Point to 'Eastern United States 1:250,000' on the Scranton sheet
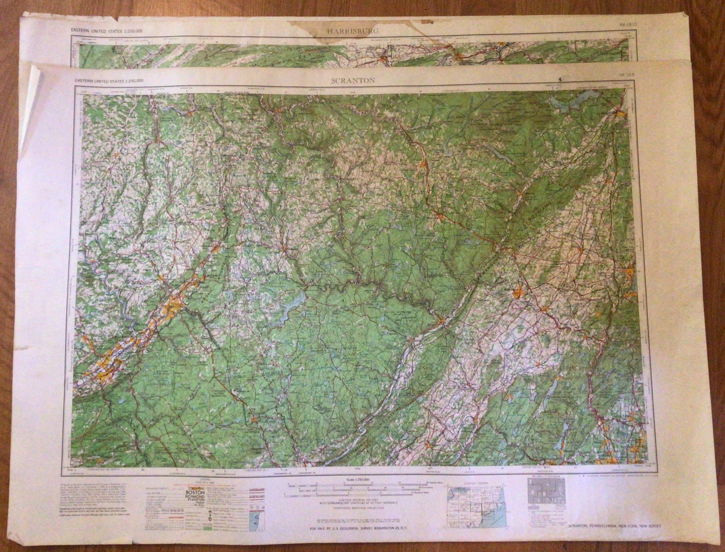(110, 81)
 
